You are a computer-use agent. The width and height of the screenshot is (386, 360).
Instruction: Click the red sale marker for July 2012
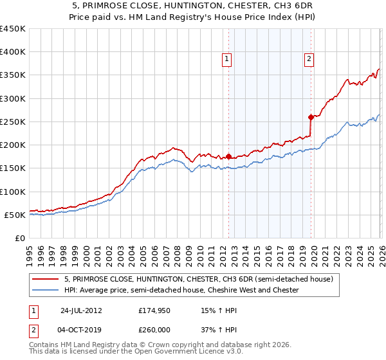(228, 156)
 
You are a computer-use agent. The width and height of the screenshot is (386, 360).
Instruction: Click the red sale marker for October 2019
(311, 117)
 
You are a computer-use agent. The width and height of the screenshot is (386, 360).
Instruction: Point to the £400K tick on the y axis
(13, 52)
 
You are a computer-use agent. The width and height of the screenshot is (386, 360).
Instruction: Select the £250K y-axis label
(13, 122)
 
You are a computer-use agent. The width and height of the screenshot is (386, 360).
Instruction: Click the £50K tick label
(15, 215)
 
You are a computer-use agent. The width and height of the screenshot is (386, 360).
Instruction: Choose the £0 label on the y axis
(21, 238)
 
